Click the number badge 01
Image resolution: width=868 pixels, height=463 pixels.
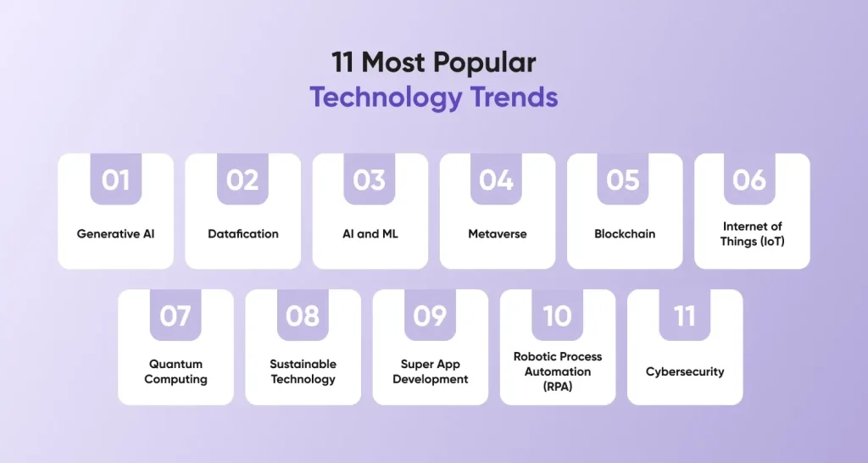[115, 179]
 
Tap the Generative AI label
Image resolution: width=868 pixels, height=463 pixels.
[115, 234]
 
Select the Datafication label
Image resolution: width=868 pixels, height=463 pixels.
[243, 234]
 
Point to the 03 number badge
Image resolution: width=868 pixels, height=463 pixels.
[370, 179]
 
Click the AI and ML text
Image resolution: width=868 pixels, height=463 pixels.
[370, 234]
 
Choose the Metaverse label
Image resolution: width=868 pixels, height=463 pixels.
[498, 234]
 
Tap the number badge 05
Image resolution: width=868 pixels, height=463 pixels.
[623, 179]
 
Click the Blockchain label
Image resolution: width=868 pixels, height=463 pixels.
[625, 234]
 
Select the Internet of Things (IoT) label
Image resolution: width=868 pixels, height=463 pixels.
[753, 234]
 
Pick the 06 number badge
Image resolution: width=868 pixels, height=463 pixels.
[749, 179]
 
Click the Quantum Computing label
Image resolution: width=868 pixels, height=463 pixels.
[176, 371]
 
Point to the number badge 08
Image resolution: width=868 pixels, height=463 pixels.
[303, 315]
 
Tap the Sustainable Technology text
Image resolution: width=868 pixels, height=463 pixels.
[303, 371]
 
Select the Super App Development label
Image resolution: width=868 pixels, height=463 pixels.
[431, 371]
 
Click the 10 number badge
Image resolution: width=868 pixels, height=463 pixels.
[558, 315]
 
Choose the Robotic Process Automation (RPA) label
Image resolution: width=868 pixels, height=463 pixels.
[558, 371]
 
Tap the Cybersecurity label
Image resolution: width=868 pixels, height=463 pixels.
[685, 371]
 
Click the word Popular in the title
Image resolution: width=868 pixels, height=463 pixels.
[480, 62]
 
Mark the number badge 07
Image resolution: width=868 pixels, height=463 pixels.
[175, 315]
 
